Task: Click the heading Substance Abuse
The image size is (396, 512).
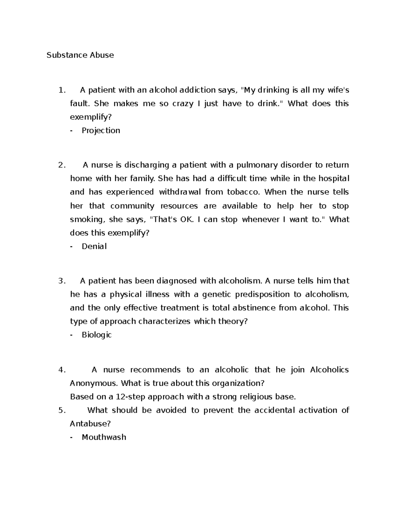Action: (x=80, y=55)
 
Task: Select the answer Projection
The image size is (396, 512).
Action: (x=101, y=131)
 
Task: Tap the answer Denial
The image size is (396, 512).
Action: (x=94, y=246)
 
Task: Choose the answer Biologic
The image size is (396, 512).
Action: (x=97, y=335)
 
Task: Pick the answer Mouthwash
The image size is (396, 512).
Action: (x=104, y=437)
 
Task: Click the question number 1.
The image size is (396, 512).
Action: (x=62, y=90)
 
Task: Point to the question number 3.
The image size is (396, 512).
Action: (x=62, y=281)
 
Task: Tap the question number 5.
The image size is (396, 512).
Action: (x=62, y=410)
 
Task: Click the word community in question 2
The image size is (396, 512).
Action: (x=132, y=206)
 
